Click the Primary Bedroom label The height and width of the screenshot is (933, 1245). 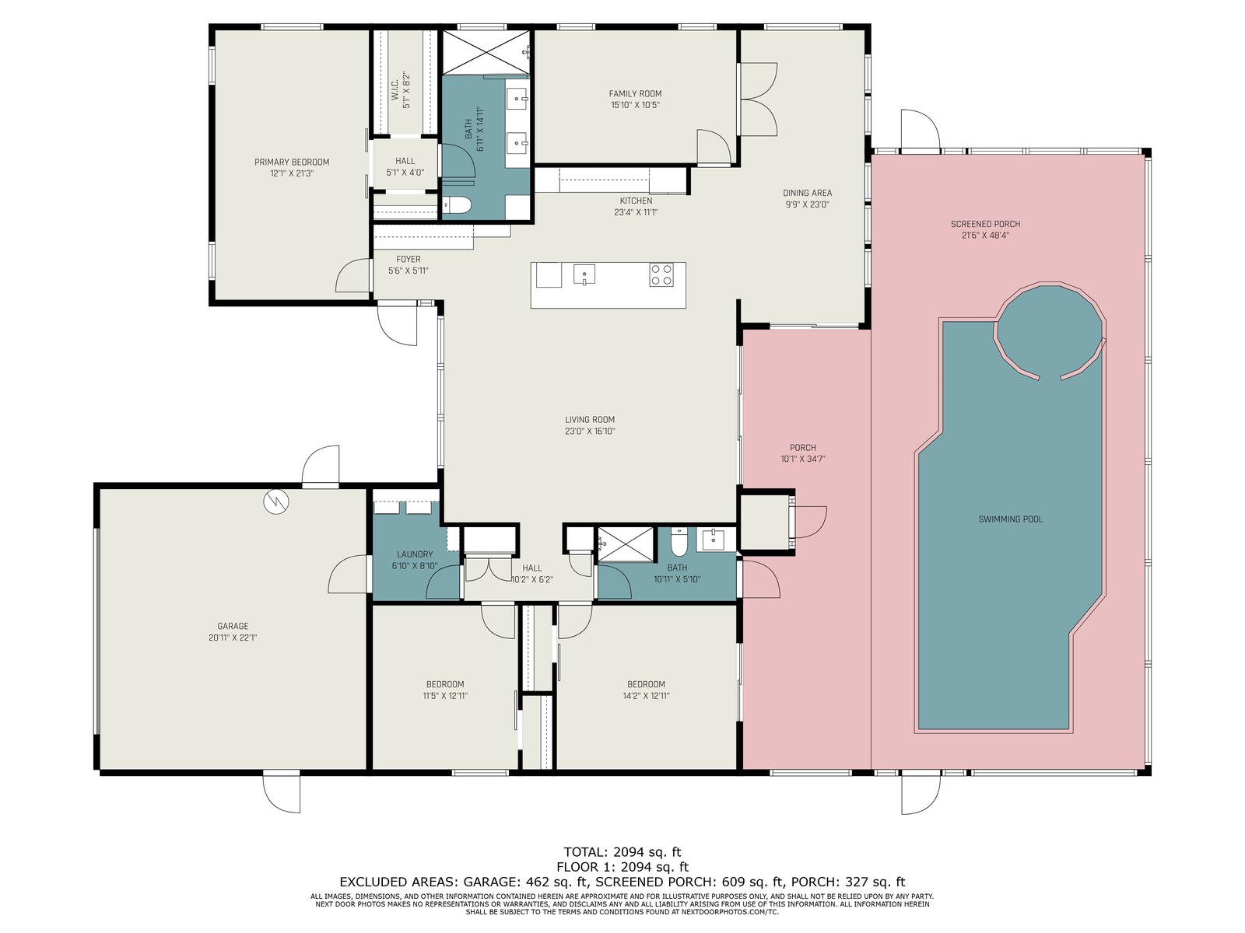point(292,162)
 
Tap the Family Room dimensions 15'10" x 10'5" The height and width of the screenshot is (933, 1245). point(635,105)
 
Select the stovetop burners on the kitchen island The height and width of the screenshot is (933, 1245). point(661,274)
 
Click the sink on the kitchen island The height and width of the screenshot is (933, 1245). point(584,274)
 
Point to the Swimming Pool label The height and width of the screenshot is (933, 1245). point(1010,519)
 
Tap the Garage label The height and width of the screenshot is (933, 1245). point(233,626)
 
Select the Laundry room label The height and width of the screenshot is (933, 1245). point(415,554)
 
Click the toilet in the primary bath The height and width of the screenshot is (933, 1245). point(456,205)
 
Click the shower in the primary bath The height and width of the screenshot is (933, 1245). point(486,52)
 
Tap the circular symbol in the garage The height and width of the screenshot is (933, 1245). point(277,501)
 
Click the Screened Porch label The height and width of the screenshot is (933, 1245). point(985,225)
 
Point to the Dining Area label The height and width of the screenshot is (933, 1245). point(807,193)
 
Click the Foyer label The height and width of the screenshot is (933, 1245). point(409,260)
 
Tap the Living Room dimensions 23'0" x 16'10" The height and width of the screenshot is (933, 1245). point(590,431)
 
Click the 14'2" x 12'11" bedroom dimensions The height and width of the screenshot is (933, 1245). point(646,696)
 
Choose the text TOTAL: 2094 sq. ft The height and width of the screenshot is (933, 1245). point(622,852)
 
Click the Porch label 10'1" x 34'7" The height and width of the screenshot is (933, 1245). point(802,453)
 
